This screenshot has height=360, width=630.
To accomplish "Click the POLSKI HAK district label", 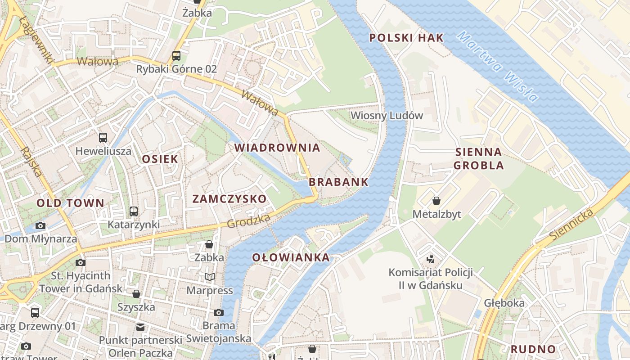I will pyautogui.click(x=406, y=38).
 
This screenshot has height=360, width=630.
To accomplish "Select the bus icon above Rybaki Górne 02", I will pyautogui.click(x=176, y=56).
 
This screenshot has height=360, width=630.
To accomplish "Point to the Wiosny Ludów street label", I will pyautogui.click(x=387, y=115).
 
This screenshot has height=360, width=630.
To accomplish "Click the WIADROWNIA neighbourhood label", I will pyautogui.click(x=277, y=148).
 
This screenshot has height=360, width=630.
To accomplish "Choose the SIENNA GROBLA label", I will pyautogui.click(x=478, y=158).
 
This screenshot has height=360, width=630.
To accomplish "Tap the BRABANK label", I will pyautogui.click(x=338, y=182).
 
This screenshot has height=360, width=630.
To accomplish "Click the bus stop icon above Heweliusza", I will pyautogui.click(x=103, y=138).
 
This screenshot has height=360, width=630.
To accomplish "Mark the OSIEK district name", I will pyautogui.click(x=160, y=159).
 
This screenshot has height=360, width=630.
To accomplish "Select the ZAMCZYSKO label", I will pyautogui.click(x=229, y=199).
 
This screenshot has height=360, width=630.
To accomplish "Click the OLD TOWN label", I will pyautogui.click(x=70, y=203).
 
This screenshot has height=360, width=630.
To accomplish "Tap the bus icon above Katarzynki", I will pyautogui.click(x=133, y=211).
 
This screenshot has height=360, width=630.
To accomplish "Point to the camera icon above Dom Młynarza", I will pyautogui.click(x=40, y=225).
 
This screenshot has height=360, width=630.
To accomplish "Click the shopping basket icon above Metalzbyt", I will pyautogui.click(x=436, y=201).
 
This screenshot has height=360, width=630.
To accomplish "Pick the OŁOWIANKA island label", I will pyautogui.click(x=291, y=258).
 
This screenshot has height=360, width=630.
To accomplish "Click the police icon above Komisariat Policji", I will pyautogui.click(x=431, y=259).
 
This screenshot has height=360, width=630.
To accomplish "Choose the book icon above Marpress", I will pyautogui.click(x=209, y=277).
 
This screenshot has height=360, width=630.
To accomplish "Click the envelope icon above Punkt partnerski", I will pyautogui.click(x=140, y=327).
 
